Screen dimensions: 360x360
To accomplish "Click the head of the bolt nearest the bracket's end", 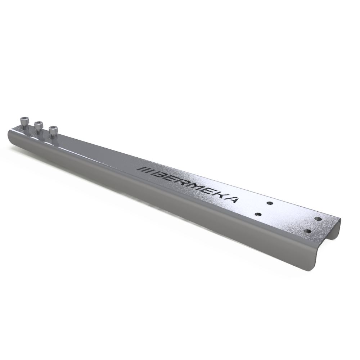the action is (24, 121).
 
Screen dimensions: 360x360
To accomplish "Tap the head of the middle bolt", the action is (39, 125).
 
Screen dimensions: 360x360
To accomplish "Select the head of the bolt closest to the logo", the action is (53, 129).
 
